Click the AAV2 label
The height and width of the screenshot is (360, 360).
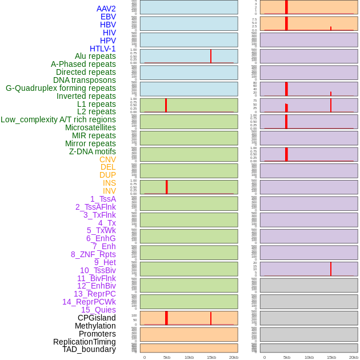[106, 9]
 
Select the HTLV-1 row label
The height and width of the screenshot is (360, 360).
[103, 49]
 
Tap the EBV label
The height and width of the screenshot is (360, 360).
[108, 17]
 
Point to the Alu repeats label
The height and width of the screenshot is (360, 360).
[95, 56]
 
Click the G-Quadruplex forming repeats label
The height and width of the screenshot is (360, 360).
[61, 88]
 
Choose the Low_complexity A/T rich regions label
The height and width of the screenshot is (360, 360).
[58, 119]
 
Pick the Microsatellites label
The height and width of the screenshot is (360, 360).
[90, 127]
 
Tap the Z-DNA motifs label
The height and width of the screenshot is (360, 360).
[93, 151]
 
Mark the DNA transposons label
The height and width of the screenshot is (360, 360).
[85, 80]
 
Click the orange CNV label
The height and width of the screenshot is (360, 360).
[107, 159]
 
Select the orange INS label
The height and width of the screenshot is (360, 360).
[109, 183]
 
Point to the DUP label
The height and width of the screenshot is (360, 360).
[107, 175]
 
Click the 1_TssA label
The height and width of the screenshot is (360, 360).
[103, 199]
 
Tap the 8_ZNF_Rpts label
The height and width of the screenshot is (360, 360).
[93, 254]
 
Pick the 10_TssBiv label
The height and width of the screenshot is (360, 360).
[98, 270]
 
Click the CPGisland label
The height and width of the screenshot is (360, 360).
[97, 318]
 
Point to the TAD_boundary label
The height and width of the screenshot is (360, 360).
[89, 349]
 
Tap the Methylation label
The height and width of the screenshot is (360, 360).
[95, 326]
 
